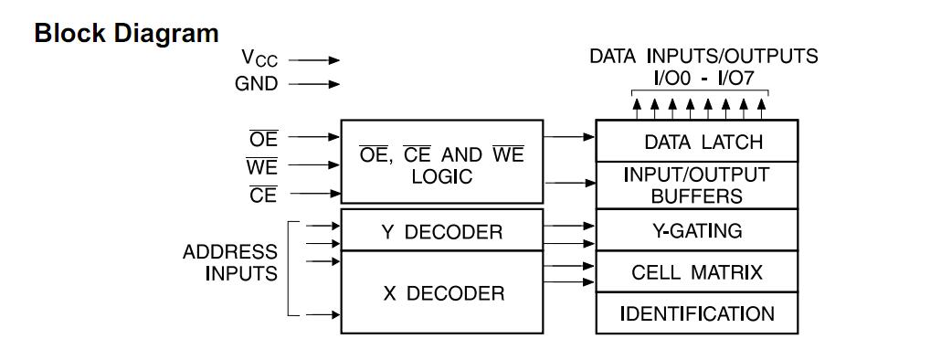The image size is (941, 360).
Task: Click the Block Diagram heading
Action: pos(126,34)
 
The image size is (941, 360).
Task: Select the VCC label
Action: pos(259,58)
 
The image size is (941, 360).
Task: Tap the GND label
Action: pos(258,84)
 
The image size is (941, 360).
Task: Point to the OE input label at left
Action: pos(263,139)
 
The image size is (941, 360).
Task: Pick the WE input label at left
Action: pos(261,167)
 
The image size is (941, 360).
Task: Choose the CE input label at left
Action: pos(263,195)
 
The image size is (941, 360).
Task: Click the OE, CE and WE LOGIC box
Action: pos(441,162)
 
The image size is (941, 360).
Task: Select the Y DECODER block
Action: pos(441,231)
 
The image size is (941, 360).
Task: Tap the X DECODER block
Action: pos(441,293)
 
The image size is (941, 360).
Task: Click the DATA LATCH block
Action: pos(697,142)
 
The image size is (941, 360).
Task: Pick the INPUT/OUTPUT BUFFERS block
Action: pos(697,185)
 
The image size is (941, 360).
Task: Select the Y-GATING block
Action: pos(697,230)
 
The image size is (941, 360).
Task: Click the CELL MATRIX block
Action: pos(697,272)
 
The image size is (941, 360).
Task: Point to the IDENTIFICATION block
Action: pos(697,313)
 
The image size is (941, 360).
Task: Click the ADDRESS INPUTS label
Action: pos(229,262)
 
